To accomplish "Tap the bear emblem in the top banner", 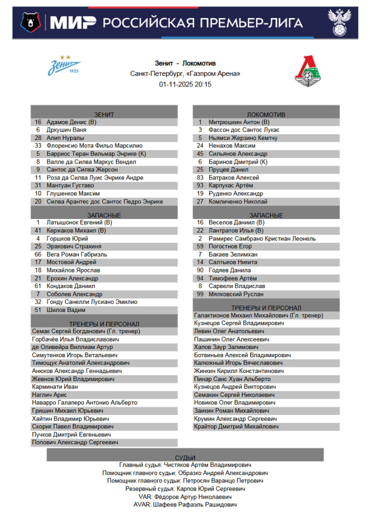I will [x=30, y=22].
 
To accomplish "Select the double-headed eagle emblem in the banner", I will [x=339, y=22].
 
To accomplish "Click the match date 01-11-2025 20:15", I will [x=185, y=84].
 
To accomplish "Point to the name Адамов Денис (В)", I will [x=71, y=122].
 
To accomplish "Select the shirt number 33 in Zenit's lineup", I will [x=38, y=145].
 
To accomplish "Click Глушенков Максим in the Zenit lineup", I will [x=73, y=193].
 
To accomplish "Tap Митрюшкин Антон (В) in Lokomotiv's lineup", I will [x=239, y=122].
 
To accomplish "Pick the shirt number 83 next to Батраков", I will [x=200, y=177].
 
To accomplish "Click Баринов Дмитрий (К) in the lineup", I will [x=238, y=161].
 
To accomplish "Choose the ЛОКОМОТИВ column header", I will [x=266, y=114].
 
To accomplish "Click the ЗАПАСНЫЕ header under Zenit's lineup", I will [x=104, y=215].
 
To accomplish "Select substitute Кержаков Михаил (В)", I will [x=76, y=230].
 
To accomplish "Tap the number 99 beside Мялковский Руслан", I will [x=200, y=294].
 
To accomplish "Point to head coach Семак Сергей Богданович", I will [x=86, y=331].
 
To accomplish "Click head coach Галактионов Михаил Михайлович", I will [x=258, y=315].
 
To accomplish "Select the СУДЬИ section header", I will [x=185, y=457].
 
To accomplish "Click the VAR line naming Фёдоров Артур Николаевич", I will [x=185, y=497].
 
